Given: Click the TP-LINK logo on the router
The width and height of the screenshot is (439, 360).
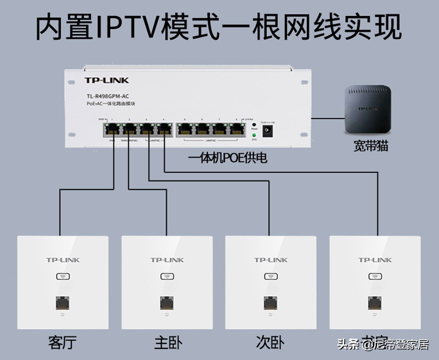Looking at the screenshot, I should point(106,80).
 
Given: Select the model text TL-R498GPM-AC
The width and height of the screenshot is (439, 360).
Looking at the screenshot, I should point(108,97).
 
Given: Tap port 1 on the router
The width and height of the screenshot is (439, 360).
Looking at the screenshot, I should point(112,129).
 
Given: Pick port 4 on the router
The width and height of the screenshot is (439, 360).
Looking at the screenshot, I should point(165,129).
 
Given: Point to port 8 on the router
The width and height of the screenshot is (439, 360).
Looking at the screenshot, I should point(237,129).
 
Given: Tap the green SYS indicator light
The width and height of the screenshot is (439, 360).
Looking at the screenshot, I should point(254,136).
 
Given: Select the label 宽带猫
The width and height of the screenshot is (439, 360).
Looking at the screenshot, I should point(371,146).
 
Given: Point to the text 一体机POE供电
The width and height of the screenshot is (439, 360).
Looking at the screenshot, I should point(228,158).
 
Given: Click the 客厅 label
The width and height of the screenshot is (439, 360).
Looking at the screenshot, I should point(62,343).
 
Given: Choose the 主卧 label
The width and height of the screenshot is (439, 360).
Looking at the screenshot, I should point(168,343).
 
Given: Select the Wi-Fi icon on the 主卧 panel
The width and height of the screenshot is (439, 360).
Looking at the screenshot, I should point(167,277).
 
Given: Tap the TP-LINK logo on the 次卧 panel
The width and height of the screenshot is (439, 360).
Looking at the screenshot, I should point(271,260).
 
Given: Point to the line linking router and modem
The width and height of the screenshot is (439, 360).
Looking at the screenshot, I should point(328,118).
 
